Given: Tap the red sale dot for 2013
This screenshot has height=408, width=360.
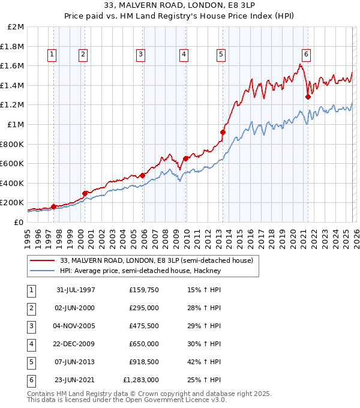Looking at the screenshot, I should (223, 132).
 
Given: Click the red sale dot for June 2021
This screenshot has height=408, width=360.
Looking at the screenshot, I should (308, 97).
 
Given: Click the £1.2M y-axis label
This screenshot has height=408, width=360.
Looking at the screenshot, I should (13, 105).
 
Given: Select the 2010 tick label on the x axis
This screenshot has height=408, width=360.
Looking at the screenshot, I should (186, 236).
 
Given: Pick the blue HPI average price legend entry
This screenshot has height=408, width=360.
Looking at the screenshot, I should (140, 271).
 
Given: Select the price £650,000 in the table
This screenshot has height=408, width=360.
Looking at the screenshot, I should (144, 345).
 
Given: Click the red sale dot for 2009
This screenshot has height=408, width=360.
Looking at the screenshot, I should (186, 158).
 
